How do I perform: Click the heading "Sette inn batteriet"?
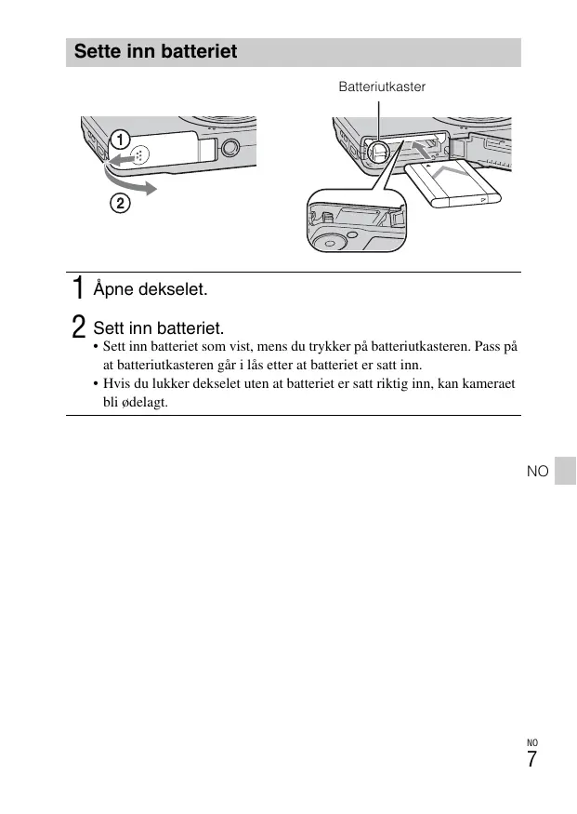[155, 51]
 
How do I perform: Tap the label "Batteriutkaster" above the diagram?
[382, 87]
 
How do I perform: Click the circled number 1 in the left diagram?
[120, 140]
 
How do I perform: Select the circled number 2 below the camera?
[120, 203]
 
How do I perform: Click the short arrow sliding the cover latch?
[123, 158]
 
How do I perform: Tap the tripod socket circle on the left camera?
[229, 149]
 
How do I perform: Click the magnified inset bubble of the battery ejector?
[357, 220]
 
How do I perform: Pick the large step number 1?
[78, 287]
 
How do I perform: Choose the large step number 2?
[78, 327]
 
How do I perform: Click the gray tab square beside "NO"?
[565, 471]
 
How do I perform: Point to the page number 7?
[531, 759]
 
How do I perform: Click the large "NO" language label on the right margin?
[538, 471]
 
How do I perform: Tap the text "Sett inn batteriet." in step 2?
[159, 328]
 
